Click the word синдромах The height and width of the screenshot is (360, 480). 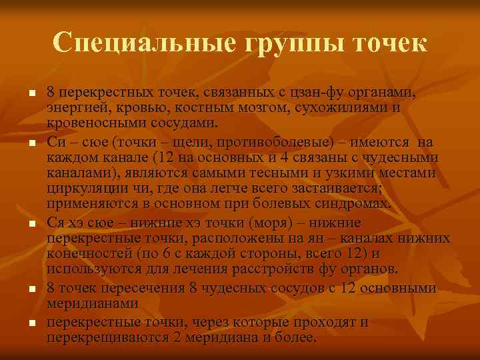(x=348, y=204)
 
